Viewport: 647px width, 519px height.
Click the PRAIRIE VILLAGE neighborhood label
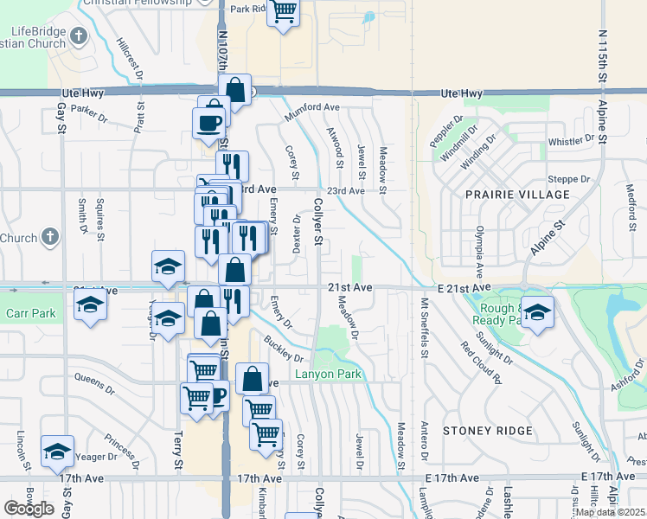[518, 195]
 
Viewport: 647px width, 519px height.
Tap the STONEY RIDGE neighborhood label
[484, 430]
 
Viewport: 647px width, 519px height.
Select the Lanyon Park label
[328, 375]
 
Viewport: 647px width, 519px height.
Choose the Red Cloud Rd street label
[482, 361]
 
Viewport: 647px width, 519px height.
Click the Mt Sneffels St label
[425, 329]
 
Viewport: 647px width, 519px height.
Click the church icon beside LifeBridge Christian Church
[79, 36]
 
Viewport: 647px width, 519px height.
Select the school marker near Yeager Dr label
[57, 451]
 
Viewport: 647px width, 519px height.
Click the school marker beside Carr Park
[89, 305]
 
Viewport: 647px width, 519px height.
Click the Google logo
[29, 509]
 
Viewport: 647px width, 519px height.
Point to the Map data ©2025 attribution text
[610, 512]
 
